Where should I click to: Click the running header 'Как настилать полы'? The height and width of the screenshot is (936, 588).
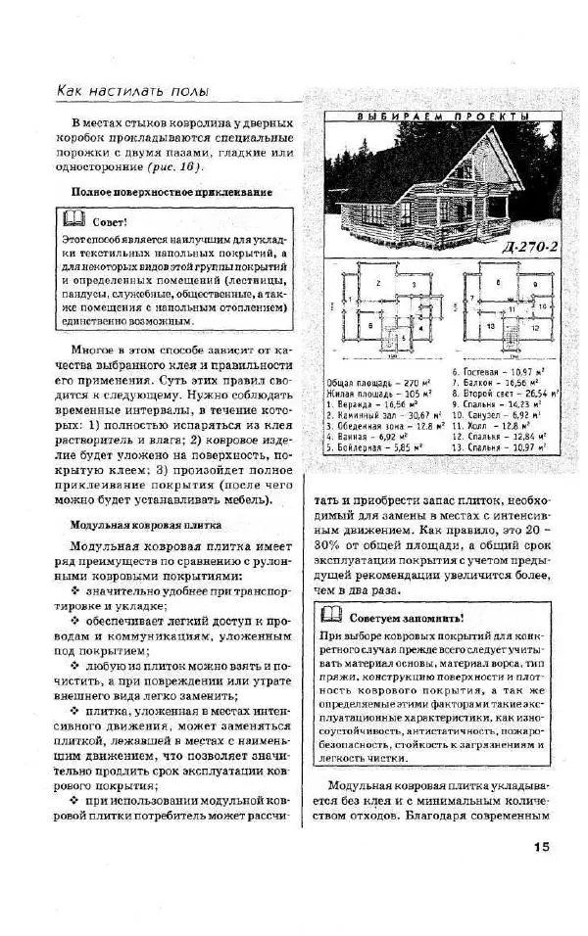click(132, 91)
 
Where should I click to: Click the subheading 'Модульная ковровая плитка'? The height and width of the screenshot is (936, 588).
click(145, 525)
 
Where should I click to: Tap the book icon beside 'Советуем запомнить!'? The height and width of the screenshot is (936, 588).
click(332, 617)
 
